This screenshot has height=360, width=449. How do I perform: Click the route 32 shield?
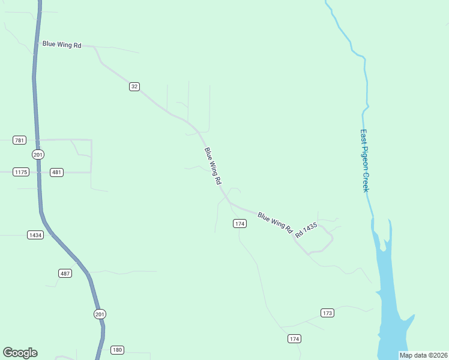(x=134, y=86)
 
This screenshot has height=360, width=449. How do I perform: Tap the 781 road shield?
(x=19, y=140)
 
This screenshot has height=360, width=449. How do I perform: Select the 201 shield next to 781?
(x=38, y=154)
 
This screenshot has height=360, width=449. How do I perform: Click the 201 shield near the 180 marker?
(x=100, y=314)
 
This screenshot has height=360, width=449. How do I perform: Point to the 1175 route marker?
(x=21, y=172)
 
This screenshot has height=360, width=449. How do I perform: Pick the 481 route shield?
(x=56, y=172)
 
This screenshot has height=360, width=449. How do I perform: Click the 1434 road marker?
(x=35, y=235)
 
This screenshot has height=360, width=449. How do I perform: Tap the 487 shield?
(x=65, y=273)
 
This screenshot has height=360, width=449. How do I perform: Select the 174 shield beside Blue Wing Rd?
(x=240, y=224)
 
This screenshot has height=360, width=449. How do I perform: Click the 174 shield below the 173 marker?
(x=294, y=339)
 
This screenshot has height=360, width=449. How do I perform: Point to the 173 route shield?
(x=327, y=313)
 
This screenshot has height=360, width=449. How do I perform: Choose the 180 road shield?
(x=117, y=350)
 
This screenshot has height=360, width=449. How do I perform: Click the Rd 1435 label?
(x=306, y=230)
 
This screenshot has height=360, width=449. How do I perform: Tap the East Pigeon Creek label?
(x=364, y=161)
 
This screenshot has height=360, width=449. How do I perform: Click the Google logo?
(x=20, y=353)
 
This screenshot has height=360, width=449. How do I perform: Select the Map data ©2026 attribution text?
(x=423, y=355)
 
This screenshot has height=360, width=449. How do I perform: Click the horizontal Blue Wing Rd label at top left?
(x=61, y=44)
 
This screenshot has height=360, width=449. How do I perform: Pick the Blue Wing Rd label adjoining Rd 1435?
(x=274, y=222)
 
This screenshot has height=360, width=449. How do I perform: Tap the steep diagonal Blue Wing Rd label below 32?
(x=213, y=166)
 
